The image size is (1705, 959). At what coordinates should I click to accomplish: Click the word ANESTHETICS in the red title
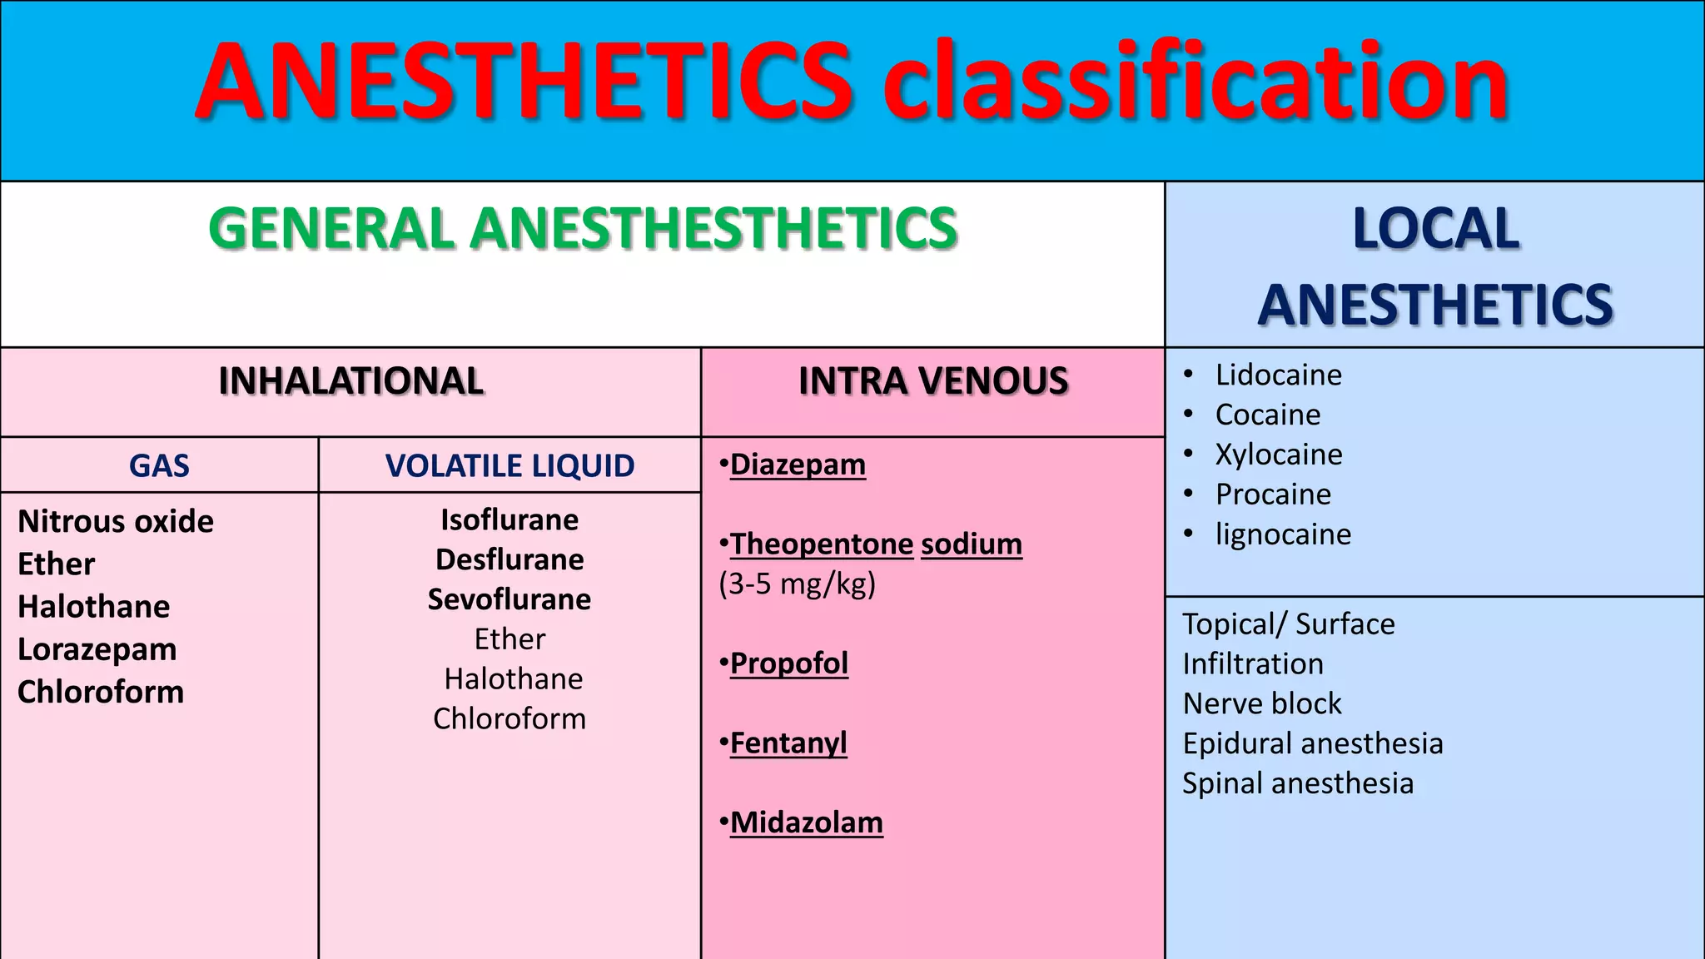(x=524, y=82)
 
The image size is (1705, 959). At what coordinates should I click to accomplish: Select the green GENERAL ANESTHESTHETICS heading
(x=583, y=229)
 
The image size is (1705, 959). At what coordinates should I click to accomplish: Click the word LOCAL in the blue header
(x=1435, y=229)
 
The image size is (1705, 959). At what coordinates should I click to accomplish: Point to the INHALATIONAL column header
(x=350, y=381)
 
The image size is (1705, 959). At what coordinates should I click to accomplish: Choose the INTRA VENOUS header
(x=932, y=381)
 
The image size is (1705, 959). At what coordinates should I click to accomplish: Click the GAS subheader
(x=159, y=465)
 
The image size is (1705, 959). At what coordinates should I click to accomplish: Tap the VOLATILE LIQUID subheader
(x=510, y=465)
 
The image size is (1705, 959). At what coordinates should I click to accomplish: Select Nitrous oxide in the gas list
(x=116, y=522)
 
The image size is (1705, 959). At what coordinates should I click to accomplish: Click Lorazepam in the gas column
(x=97, y=649)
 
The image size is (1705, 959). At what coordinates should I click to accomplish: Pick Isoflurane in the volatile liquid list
(x=510, y=519)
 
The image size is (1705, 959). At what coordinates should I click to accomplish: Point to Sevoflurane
(x=510, y=599)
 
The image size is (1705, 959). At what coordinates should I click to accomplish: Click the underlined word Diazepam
(x=798, y=465)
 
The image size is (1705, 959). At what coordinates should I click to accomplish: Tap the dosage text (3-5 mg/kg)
(x=798, y=584)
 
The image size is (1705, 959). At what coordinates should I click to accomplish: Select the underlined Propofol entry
(x=788, y=663)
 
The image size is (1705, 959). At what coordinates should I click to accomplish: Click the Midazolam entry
(x=806, y=822)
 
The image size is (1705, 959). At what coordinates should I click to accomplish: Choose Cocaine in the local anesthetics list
(x=1268, y=415)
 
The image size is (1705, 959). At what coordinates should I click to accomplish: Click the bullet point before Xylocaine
(x=1189, y=454)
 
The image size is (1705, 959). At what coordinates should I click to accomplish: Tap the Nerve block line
(x=1262, y=704)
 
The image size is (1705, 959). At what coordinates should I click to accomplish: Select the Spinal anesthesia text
(x=1298, y=783)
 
